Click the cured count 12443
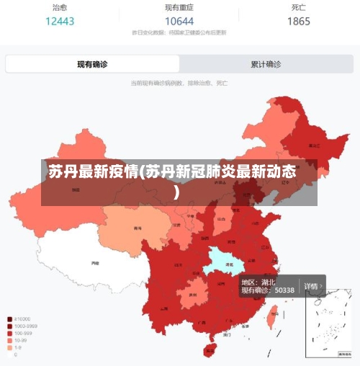(x=60, y=22)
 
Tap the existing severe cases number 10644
(x=179, y=22)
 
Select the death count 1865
(x=299, y=22)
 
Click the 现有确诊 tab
(x=92, y=64)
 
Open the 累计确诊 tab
(x=266, y=64)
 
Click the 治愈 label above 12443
(x=60, y=8)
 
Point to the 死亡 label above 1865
(x=299, y=8)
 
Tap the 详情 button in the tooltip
(x=311, y=286)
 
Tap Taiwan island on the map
(x=273, y=314)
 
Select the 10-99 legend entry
(x=17, y=340)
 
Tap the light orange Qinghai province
(x=130, y=227)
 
